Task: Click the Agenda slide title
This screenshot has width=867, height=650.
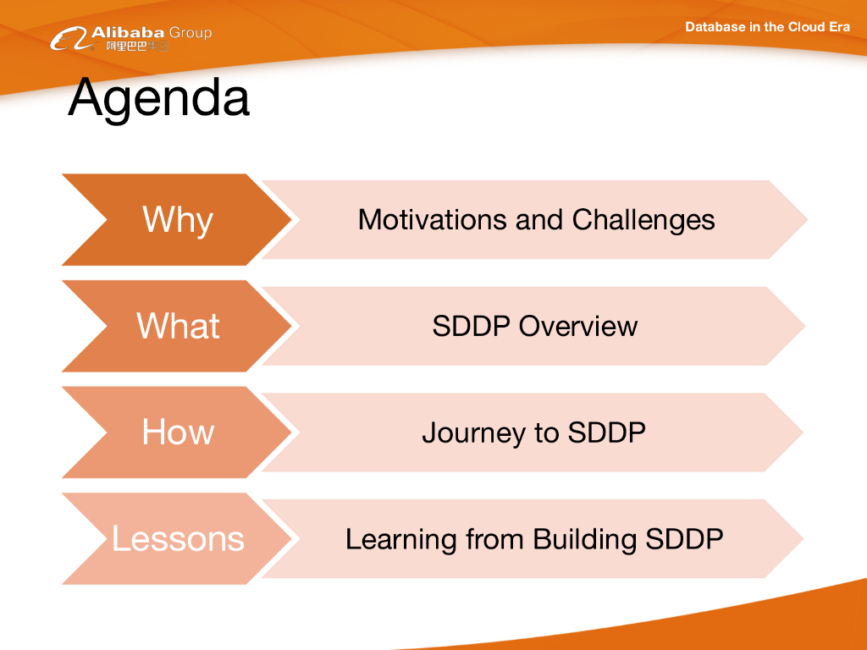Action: tap(158, 98)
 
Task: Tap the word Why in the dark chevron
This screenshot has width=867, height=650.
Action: tap(178, 220)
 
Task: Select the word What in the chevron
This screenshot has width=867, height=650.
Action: tap(178, 326)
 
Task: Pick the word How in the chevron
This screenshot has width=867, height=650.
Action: tap(178, 432)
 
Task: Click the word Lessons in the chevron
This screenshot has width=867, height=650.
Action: tap(178, 538)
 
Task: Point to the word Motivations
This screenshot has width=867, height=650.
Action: tap(432, 219)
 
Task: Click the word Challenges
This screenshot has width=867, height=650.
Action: tap(643, 220)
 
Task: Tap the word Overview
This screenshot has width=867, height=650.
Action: tap(577, 326)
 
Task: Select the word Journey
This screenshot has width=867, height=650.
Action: tap(473, 432)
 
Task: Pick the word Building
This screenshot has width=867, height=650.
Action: tap(584, 539)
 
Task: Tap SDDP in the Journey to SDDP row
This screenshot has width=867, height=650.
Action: tap(606, 432)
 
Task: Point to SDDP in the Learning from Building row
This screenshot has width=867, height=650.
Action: tap(684, 539)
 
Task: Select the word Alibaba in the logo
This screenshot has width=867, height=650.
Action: tap(128, 32)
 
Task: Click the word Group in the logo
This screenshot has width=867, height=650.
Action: tap(191, 33)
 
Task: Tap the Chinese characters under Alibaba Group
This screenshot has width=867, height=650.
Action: tap(137, 46)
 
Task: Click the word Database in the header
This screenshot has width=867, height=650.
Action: tap(715, 26)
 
